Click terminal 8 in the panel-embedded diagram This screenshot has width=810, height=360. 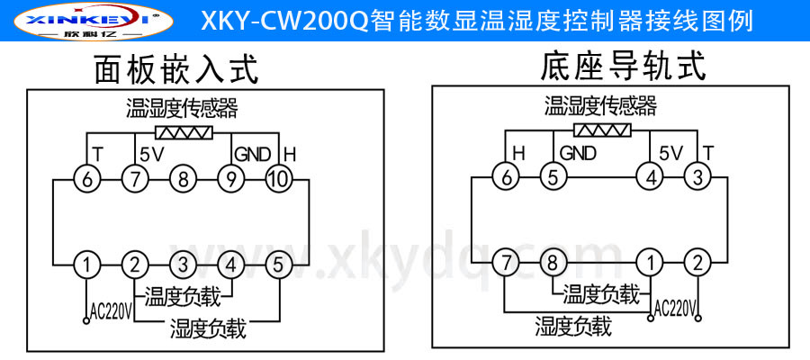(183, 178)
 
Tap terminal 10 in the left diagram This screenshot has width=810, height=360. (279, 178)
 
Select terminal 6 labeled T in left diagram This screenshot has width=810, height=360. (87, 178)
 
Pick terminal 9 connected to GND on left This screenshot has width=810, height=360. (231, 178)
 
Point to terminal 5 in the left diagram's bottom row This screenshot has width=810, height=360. (279, 265)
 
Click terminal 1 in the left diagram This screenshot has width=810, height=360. (87, 265)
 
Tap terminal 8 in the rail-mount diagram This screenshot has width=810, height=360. (552, 264)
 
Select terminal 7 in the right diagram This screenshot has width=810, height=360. (507, 264)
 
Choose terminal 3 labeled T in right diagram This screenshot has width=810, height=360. (697, 177)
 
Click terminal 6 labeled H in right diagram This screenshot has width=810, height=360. (507, 177)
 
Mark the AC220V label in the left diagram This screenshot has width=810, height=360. (112, 311)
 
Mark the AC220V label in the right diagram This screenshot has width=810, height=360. (674, 309)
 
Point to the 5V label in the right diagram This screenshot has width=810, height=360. (671, 152)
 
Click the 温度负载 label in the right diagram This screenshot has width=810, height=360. (599, 293)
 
